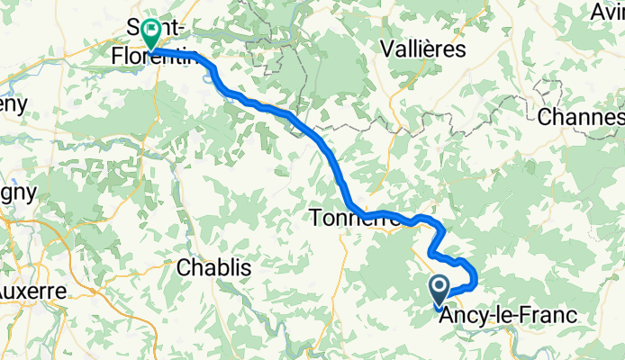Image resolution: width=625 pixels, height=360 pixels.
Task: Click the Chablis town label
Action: [214, 267]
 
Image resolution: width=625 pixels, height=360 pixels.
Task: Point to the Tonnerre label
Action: [340, 217]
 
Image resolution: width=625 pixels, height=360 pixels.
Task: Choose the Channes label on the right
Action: [582, 117]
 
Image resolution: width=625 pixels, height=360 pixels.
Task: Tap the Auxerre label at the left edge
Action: [32, 292]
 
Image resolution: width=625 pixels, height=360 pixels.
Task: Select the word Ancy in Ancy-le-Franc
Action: [459, 316]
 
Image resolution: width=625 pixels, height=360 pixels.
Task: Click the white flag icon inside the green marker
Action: [149, 32]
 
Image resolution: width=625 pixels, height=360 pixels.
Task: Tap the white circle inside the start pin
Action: [440, 288]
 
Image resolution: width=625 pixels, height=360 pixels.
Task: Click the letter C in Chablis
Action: [184, 267]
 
